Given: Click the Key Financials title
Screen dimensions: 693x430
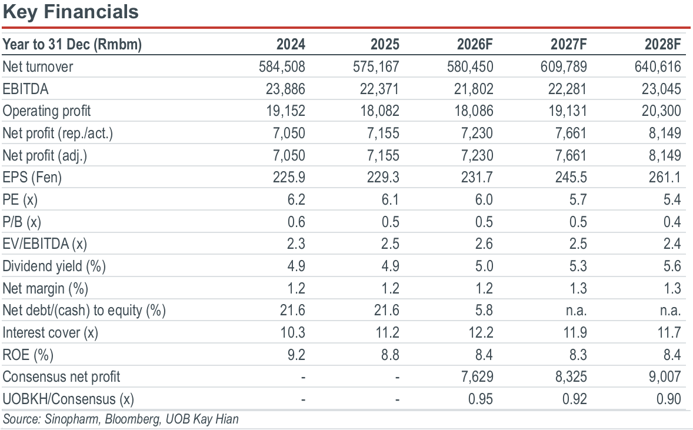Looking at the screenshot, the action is pyautogui.click(x=71, y=12).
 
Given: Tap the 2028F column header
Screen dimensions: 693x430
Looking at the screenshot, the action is pyautogui.click(x=662, y=44).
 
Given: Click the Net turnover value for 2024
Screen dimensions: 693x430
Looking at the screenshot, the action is pyautogui.click(x=282, y=66).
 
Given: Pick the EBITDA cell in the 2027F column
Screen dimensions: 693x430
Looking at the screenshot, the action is pyautogui.click(x=567, y=89).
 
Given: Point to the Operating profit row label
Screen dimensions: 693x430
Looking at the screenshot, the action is pyautogui.click(x=46, y=111).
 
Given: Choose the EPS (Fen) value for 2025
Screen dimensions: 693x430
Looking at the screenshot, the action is pyautogui.click(x=383, y=177).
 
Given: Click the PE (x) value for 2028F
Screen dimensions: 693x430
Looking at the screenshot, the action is pyautogui.click(x=672, y=199).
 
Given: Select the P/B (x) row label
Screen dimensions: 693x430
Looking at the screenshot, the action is pyautogui.click(x=22, y=222).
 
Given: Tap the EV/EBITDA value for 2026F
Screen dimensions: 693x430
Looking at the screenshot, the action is pyautogui.click(x=484, y=244).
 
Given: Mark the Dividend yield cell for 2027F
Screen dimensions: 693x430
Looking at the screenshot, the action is pyautogui.click(x=578, y=266).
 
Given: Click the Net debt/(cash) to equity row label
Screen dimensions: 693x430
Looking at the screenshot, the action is pyautogui.click(x=84, y=311).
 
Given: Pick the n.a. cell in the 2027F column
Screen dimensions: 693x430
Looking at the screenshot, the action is pyautogui.click(x=577, y=311).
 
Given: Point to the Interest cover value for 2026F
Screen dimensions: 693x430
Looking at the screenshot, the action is pyautogui.click(x=481, y=332).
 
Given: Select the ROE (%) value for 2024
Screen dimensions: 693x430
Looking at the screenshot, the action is pyautogui.click(x=296, y=355).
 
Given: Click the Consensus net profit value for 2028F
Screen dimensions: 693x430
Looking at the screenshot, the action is pyautogui.click(x=665, y=376).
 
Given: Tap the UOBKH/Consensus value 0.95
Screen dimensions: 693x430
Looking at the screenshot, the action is pyautogui.click(x=481, y=399).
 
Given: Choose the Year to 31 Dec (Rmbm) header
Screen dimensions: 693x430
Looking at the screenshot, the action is pyautogui.click(x=72, y=45).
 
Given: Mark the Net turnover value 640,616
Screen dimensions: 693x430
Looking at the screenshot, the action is pyautogui.click(x=658, y=66).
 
